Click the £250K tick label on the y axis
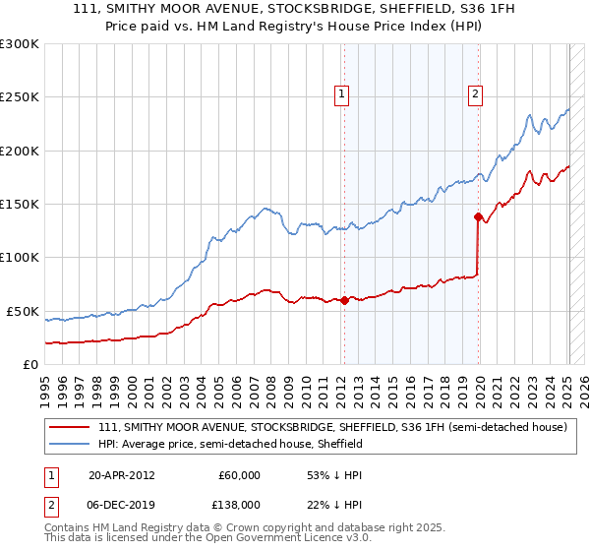(x=20, y=97)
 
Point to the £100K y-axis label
(x=20, y=258)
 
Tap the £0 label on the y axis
(x=29, y=364)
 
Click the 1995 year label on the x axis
(x=45, y=384)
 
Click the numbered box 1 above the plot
(x=341, y=94)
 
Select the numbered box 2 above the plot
(x=475, y=94)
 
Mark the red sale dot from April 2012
(x=344, y=301)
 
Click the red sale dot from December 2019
(x=478, y=216)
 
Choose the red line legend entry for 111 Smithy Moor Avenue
(x=332, y=428)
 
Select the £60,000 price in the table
(x=239, y=475)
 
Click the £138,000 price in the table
(x=239, y=505)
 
